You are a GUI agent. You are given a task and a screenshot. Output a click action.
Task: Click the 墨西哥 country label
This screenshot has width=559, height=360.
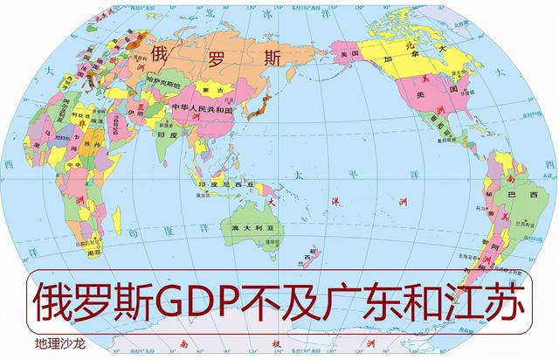[437, 131]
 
